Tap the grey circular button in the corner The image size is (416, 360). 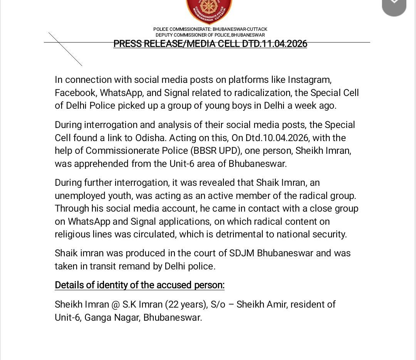click(394, 5)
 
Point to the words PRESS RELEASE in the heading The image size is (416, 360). click(148, 44)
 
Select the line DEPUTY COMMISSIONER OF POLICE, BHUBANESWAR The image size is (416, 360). click(210, 35)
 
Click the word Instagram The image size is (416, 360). click(309, 80)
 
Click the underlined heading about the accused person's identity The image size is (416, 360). click(139, 285)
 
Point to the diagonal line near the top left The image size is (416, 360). click(65, 49)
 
